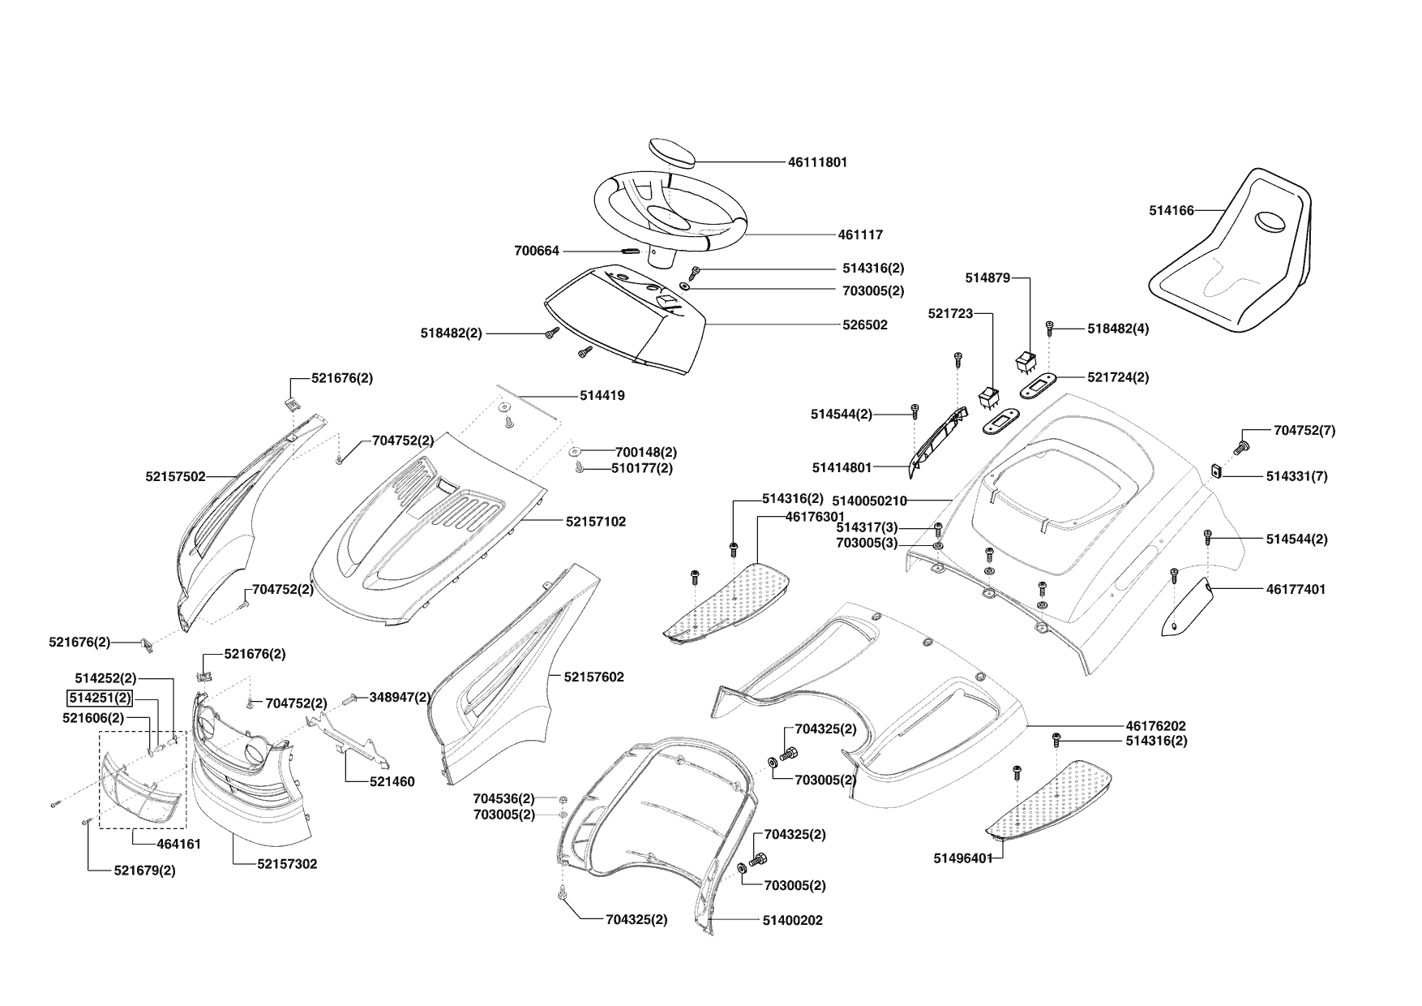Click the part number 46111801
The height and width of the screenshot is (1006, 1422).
(817, 162)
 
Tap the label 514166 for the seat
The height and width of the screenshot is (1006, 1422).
(1171, 210)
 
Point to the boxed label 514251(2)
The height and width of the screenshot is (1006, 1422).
(99, 697)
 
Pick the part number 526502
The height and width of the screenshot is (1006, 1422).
(865, 325)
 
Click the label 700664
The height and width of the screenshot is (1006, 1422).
(537, 251)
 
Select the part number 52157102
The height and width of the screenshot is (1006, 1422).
(596, 522)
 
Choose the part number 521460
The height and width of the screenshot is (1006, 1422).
(392, 781)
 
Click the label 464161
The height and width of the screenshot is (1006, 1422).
(178, 844)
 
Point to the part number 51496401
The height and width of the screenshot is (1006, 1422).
(963, 858)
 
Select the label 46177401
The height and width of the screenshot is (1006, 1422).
(1296, 589)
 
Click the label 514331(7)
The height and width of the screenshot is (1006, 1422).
(1296, 476)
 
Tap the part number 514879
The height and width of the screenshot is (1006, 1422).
(987, 277)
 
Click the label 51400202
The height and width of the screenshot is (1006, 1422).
(792, 920)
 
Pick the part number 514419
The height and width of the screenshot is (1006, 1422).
(602, 396)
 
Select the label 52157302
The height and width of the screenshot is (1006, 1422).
(287, 864)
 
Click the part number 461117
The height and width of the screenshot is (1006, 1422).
(860, 234)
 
